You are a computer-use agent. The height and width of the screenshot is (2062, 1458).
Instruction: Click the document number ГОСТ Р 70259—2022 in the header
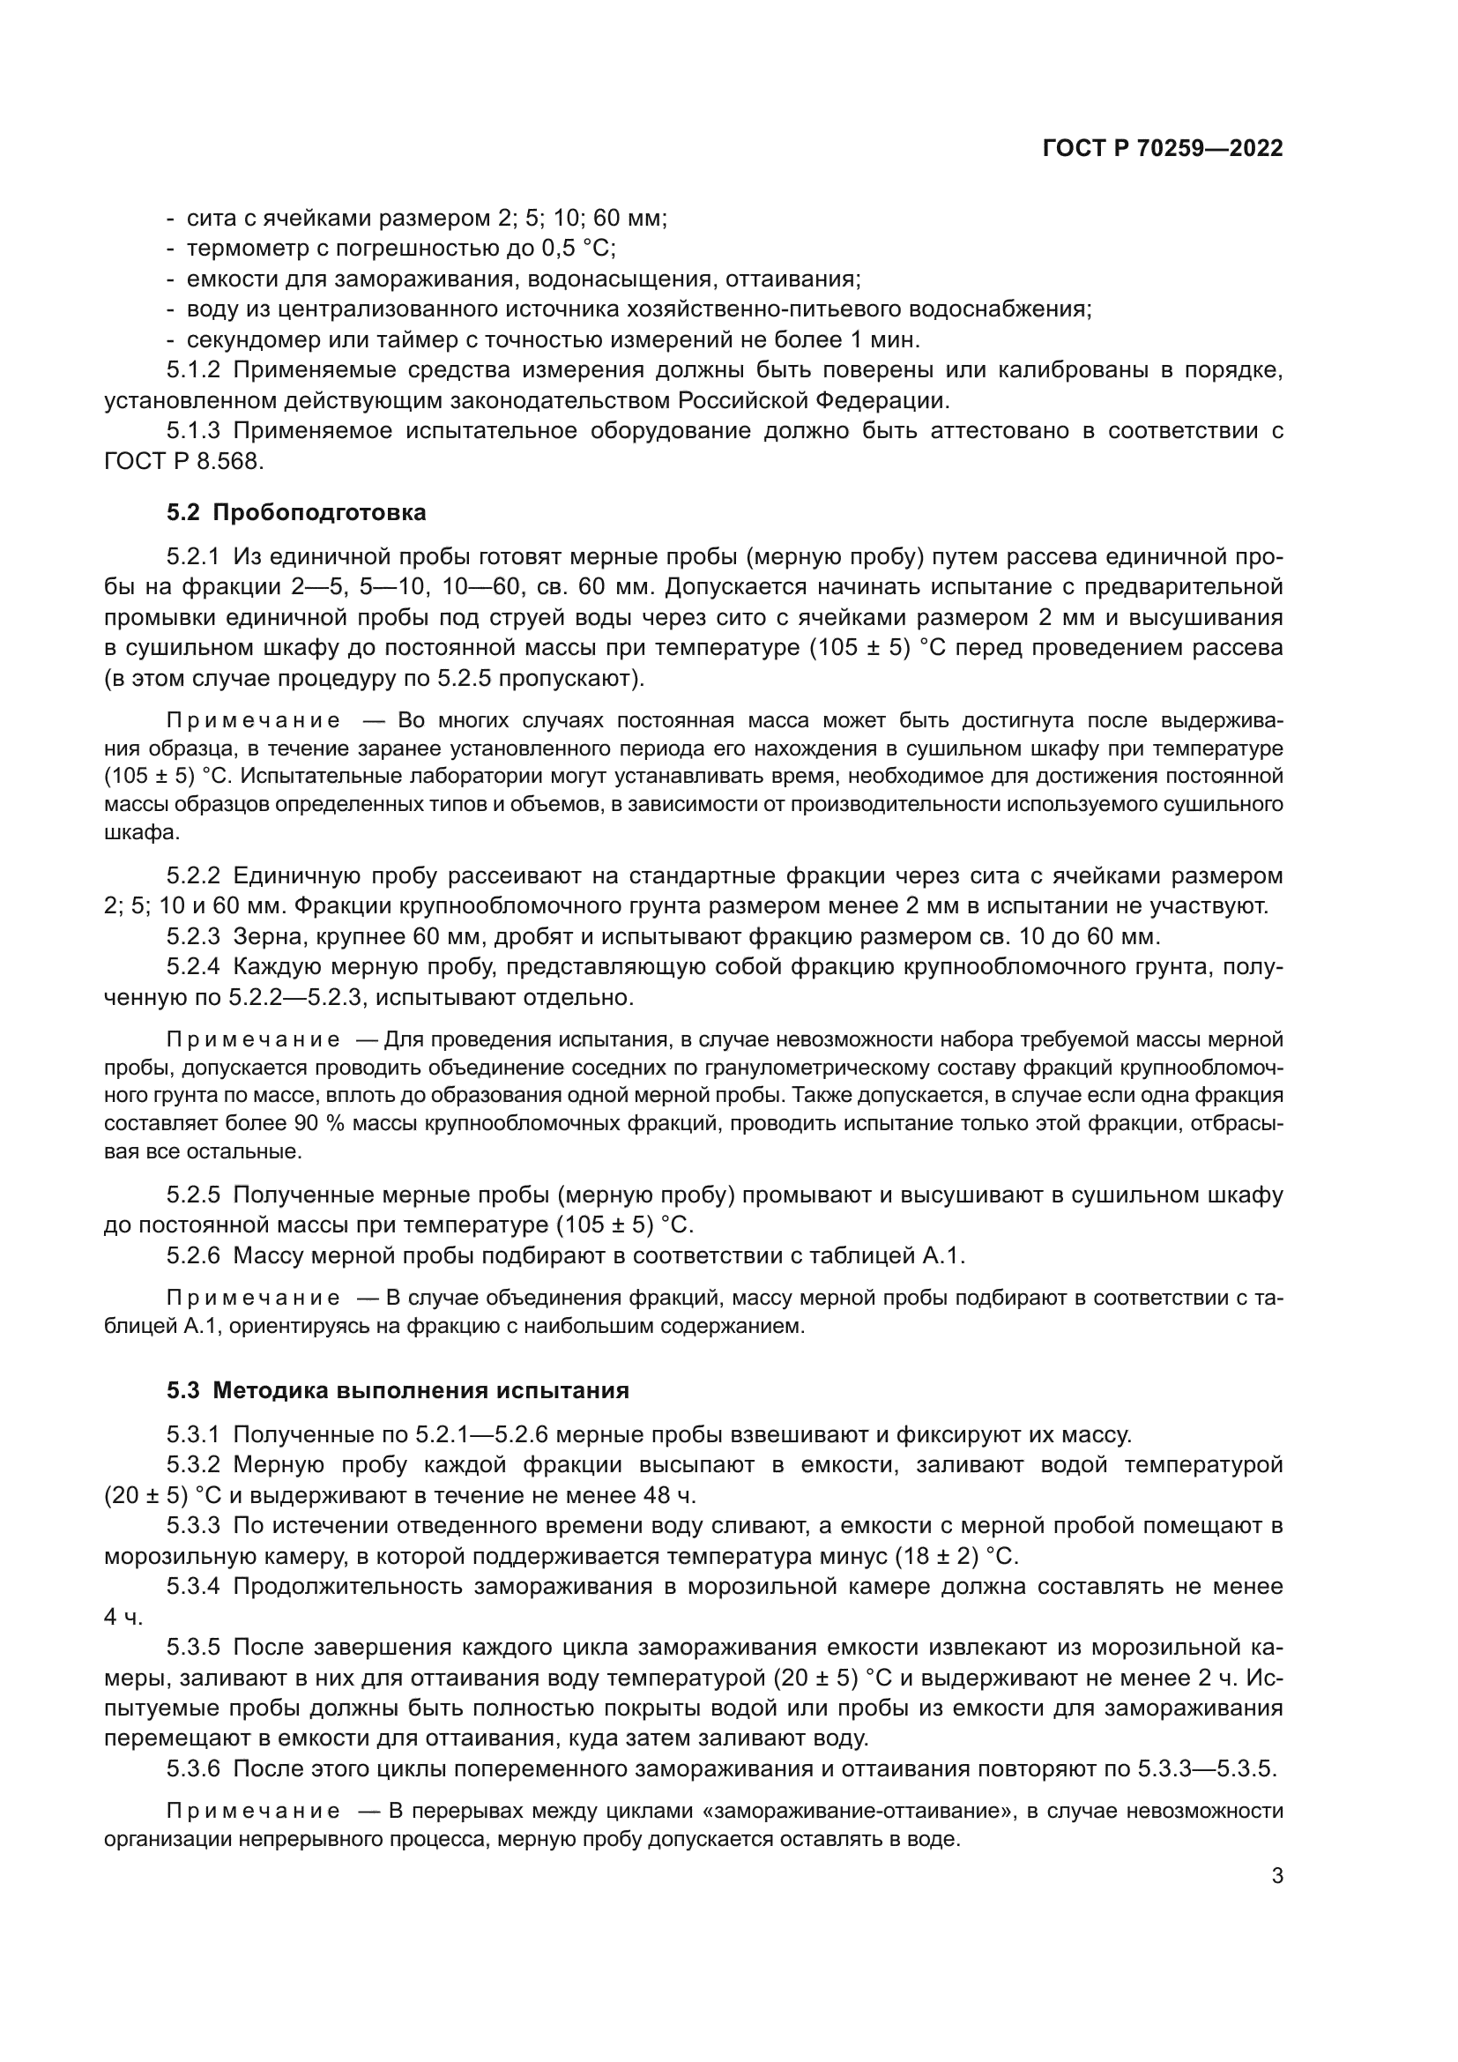pos(1162,149)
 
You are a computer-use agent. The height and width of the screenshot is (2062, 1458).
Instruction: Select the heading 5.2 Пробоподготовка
pos(296,513)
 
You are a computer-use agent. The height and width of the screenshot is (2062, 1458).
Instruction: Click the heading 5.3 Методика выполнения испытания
pos(398,1391)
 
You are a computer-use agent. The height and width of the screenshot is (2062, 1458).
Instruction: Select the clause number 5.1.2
pos(193,370)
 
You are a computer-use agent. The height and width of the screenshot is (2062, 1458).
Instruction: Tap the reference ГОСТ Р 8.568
pos(185,462)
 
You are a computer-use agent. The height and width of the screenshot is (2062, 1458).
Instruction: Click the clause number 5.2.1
pos(193,557)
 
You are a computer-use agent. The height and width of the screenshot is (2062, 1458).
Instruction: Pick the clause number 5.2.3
pos(193,937)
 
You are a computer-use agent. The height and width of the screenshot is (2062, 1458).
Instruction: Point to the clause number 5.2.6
pos(193,1255)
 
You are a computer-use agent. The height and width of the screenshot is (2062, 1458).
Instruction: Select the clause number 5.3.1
pos(193,1435)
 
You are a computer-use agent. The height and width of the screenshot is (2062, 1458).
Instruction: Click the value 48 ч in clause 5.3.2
pos(669,1495)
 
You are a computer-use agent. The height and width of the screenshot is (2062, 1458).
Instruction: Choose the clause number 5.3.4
pos(193,1587)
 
